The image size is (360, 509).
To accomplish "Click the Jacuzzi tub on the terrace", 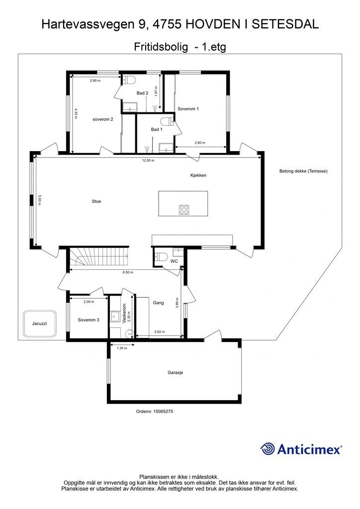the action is coord(40,324).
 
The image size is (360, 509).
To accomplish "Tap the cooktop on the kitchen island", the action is coord(184,209).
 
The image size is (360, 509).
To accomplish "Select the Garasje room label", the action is coord(176,373).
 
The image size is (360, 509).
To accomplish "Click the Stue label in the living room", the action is coord(96,201).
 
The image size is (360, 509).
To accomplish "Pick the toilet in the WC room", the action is coord(161,257).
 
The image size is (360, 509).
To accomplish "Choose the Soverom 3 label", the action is coord(89,320).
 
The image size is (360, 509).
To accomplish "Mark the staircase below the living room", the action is coord(99,257).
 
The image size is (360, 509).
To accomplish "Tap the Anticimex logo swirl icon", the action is coord(268,449).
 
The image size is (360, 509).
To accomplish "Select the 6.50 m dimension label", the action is coord(128,272).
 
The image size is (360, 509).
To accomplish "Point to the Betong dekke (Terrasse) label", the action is coord(303,171).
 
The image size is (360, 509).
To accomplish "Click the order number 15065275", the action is coord(155,411).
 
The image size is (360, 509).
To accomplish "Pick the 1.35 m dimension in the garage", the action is coord(121,348).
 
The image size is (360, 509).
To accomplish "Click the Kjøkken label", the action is coord(198,175).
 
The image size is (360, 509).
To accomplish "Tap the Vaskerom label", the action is coord(124,314).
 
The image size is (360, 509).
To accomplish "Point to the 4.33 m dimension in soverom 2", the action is coord(76,114).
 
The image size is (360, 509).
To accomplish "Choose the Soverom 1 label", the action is coord(188,109).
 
